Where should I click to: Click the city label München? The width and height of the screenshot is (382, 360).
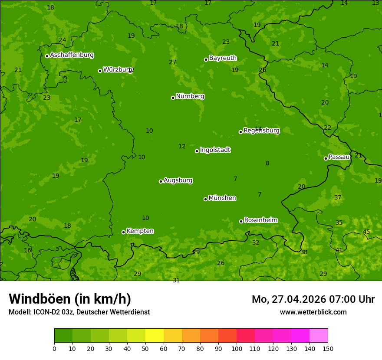click(x=222, y=198)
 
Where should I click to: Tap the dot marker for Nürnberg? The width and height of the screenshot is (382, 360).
click(x=173, y=98)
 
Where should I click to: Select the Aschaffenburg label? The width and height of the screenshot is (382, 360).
click(x=72, y=55)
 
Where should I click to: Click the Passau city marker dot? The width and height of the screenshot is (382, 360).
click(x=326, y=158)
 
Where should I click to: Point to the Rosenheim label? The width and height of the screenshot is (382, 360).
click(x=260, y=220)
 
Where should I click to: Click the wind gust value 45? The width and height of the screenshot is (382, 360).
click(x=366, y=232)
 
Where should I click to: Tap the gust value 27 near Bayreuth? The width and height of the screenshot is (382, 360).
click(x=173, y=62)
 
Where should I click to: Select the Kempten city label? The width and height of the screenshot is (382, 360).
click(x=140, y=231)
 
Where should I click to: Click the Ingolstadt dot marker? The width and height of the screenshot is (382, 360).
click(x=197, y=151)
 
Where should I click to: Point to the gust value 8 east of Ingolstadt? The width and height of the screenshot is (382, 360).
click(x=267, y=164)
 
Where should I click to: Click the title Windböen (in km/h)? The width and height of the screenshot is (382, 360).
click(x=70, y=299)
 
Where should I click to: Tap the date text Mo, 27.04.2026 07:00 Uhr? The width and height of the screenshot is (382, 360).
click(x=313, y=299)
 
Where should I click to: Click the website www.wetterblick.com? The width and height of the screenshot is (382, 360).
click(x=313, y=312)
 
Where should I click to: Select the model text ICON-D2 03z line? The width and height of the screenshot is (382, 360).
click(x=79, y=312)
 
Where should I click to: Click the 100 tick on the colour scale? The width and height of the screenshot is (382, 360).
click(x=237, y=348)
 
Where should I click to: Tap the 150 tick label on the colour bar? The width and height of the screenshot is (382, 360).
click(x=328, y=348)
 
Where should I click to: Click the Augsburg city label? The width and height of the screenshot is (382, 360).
click(x=178, y=180)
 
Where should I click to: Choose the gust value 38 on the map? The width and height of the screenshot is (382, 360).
click(x=304, y=252)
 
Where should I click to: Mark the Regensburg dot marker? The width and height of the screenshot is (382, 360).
click(x=240, y=132)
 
